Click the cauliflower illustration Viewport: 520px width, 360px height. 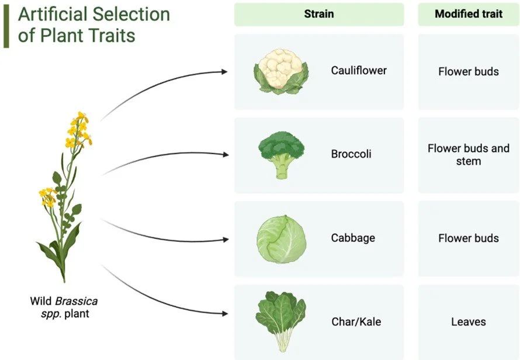point(281,72)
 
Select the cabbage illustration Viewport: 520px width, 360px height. point(281,238)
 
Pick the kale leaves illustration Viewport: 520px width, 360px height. point(280,321)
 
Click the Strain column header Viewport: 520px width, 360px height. point(319,15)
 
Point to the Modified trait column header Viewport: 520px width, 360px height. point(469,15)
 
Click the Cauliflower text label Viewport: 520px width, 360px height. point(359,71)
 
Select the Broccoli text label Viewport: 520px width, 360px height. point(351,154)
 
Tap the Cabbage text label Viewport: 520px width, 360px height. point(353,238)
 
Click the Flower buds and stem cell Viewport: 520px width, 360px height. point(469,154)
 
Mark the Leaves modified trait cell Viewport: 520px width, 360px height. point(469,321)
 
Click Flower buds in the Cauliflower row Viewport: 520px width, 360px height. point(469,71)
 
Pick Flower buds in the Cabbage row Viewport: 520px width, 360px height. point(469,238)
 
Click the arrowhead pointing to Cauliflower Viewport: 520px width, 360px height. point(224,72)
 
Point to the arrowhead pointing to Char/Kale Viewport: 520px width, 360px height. point(224,314)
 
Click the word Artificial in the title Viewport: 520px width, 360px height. point(51,13)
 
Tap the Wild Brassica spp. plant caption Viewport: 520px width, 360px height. point(64,307)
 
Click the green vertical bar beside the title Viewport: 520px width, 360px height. point(6,26)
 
